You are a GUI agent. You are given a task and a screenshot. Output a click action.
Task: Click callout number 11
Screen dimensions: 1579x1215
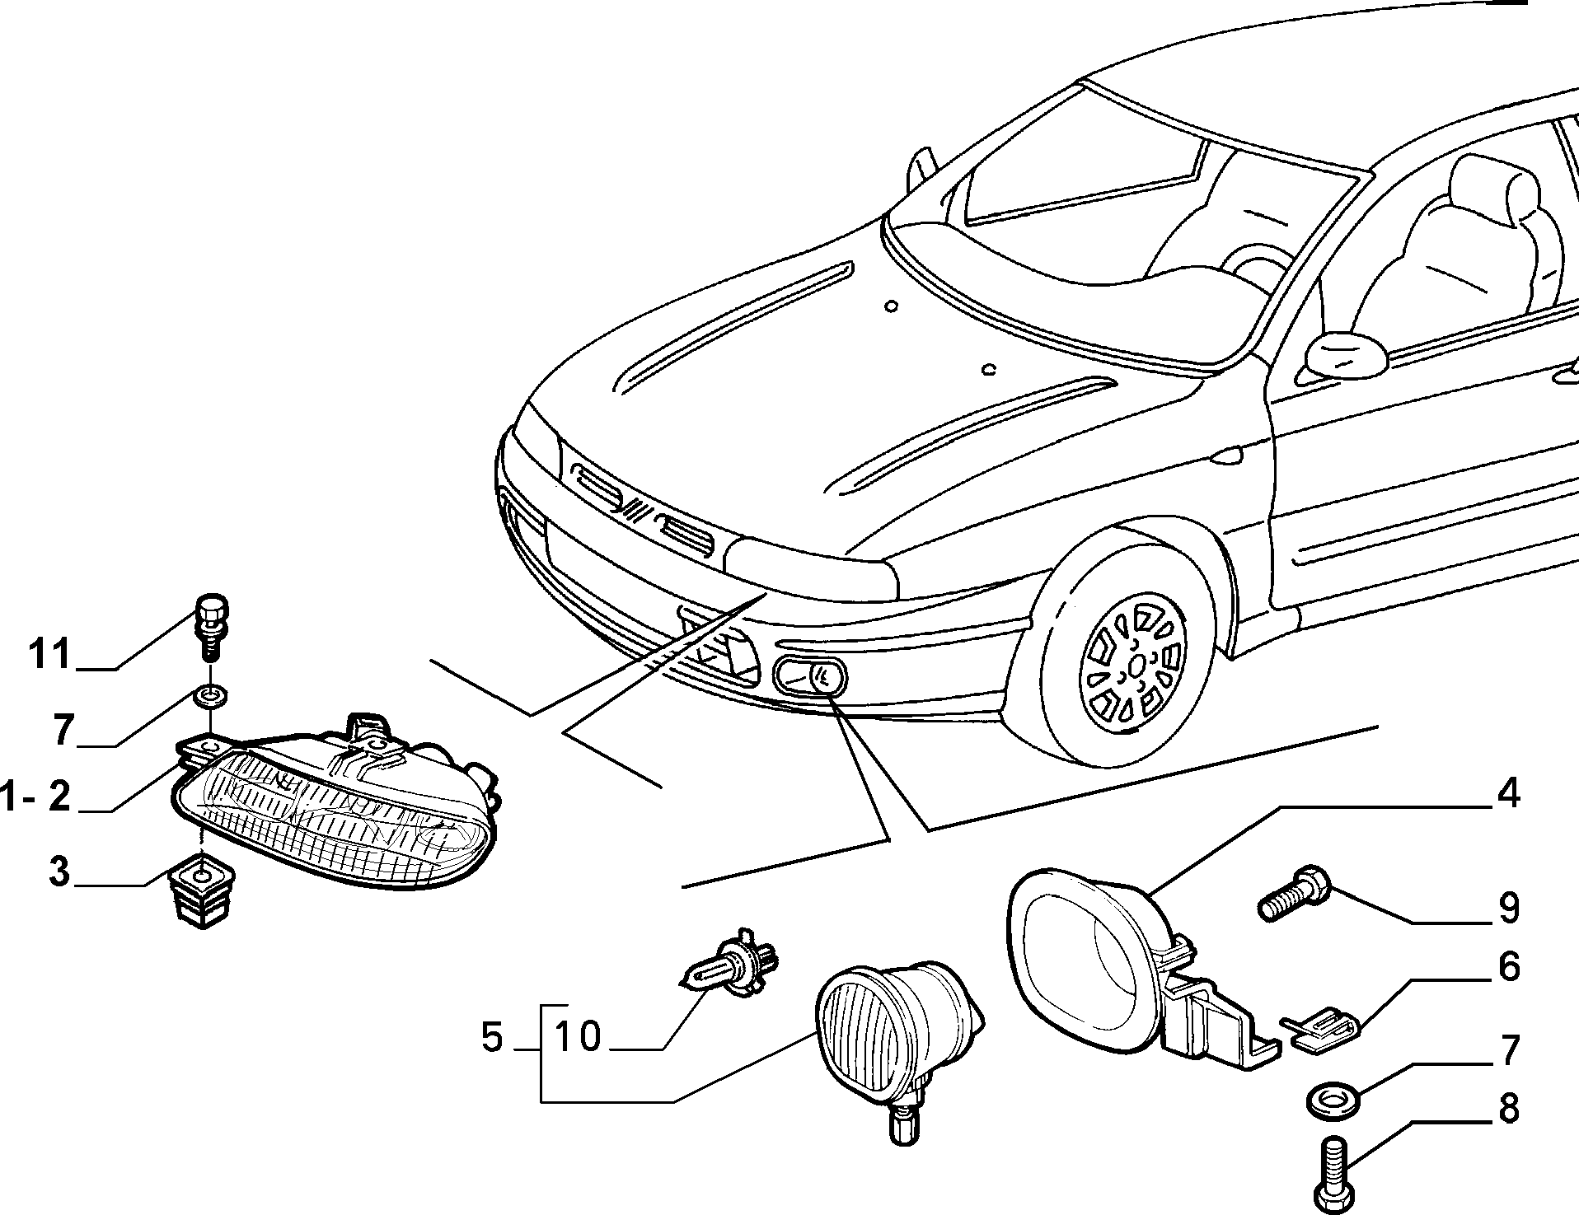click(51, 654)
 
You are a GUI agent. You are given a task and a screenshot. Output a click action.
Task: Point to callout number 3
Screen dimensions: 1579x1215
click(60, 872)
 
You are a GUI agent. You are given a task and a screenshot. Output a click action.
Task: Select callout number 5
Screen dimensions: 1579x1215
click(492, 1038)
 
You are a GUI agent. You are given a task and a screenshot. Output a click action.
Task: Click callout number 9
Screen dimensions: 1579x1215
click(1508, 907)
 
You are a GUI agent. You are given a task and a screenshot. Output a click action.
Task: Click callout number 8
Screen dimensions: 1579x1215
click(1508, 1109)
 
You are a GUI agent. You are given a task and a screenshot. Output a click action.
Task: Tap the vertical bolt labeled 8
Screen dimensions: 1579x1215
click(1336, 1174)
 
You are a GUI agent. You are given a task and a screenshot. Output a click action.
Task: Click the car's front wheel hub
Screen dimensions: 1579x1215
click(1135, 666)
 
